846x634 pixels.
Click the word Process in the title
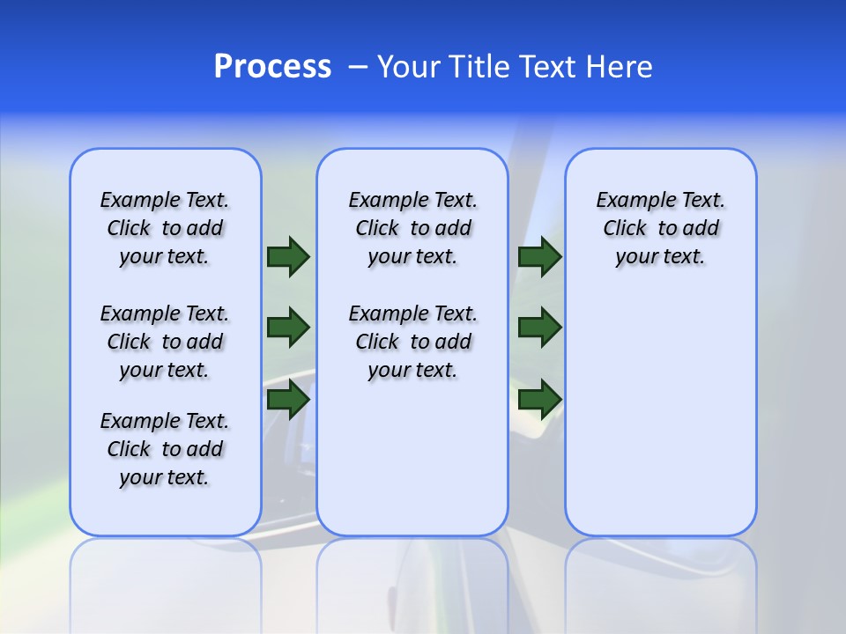click(272, 67)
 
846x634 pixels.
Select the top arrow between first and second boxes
click(288, 256)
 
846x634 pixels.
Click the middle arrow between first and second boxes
click(288, 328)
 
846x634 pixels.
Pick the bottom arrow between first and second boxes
click(288, 400)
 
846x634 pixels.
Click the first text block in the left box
click(165, 229)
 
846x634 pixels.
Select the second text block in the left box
click(165, 342)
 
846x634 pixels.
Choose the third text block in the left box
click(165, 449)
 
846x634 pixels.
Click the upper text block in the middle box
click(412, 229)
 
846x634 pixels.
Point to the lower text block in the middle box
click(412, 342)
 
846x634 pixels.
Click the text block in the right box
click(660, 229)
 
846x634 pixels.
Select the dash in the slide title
click(358, 67)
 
